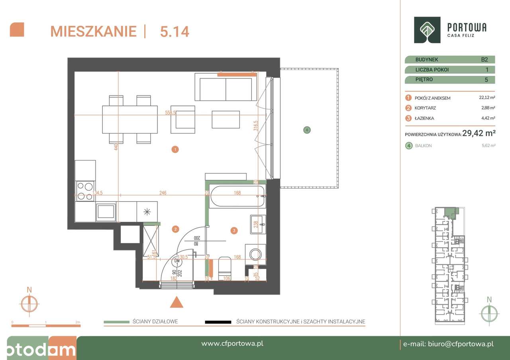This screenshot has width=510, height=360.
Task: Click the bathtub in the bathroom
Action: tap(237, 196)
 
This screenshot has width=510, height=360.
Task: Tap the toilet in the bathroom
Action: tap(224, 269)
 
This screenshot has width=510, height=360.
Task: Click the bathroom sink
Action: tap(258, 225)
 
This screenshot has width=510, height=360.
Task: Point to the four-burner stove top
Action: tap(85, 191)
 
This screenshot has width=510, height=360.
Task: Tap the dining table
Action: tap(130, 119)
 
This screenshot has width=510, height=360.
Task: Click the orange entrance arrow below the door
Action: tap(177, 302)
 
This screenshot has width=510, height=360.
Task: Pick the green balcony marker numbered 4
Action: tap(307, 130)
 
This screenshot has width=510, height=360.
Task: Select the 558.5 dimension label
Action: tap(171, 113)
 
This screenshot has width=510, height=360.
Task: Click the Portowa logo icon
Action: tap(427, 30)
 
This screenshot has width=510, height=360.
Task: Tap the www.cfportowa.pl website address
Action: tap(232, 344)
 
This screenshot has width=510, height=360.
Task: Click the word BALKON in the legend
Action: tap(423, 146)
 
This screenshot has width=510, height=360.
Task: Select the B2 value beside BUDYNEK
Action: tap(484, 60)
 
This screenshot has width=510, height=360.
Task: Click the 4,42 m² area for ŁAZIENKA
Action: tap(487, 118)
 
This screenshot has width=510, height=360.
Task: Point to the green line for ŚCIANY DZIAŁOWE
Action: tap(116, 322)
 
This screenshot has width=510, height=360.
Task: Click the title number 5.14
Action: tap(174, 31)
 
